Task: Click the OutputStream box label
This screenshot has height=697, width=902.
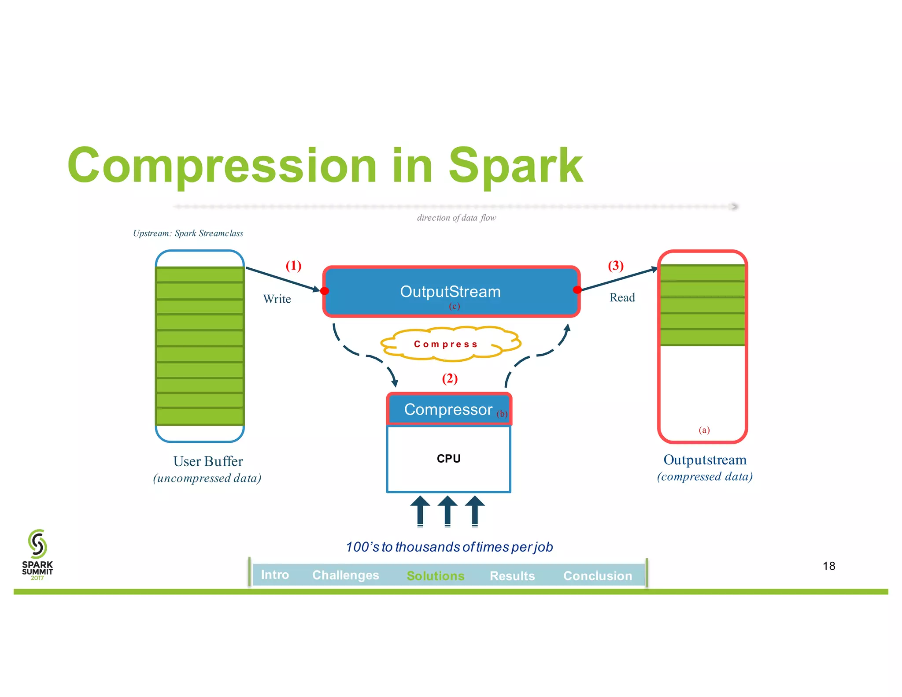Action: tap(450, 292)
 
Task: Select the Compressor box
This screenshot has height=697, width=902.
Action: tap(448, 409)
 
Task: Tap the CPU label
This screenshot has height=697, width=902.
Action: tap(448, 459)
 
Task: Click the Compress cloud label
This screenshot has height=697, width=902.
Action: tap(446, 344)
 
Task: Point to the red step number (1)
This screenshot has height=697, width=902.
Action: tap(293, 266)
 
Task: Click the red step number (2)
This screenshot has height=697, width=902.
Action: tap(450, 378)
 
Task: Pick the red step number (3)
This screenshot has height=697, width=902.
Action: tap(615, 266)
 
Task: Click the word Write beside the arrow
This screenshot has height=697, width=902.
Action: tap(277, 299)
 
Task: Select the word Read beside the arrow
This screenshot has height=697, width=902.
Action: tap(622, 298)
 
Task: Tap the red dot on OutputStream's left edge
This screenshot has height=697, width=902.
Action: tap(325, 291)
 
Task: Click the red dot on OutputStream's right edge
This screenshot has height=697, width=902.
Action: tap(577, 289)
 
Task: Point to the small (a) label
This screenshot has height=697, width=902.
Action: tap(704, 430)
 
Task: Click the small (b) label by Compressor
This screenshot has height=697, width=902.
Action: tap(502, 414)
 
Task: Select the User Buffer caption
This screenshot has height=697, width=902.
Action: tap(208, 461)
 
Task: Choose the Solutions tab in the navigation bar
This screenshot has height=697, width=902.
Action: tap(435, 576)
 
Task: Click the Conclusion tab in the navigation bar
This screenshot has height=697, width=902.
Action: tap(597, 576)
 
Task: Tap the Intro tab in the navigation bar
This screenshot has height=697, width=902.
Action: tap(275, 575)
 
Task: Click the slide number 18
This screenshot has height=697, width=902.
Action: tap(828, 566)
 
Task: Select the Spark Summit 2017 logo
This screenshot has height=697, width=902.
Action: tap(37, 555)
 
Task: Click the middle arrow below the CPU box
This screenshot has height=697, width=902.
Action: tap(447, 511)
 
